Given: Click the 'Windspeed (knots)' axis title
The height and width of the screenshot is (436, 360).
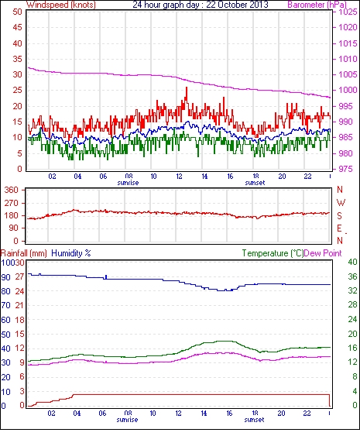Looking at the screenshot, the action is (x=61, y=5).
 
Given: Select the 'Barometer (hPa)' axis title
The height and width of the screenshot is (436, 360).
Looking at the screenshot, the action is (x=317, y=5).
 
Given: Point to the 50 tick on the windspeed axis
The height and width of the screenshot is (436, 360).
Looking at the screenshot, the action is (x=18, y=12).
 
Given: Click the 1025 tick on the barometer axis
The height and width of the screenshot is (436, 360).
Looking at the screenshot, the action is (x=348, y=12).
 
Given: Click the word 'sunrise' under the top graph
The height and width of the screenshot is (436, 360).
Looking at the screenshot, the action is (x=128, y=183).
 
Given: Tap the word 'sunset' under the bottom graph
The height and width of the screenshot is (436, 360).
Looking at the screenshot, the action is (x=254, y=420).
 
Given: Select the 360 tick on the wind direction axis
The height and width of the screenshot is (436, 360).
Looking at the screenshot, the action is (x=12, y=191).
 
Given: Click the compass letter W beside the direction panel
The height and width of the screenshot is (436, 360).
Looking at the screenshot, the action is (x=341, y=203).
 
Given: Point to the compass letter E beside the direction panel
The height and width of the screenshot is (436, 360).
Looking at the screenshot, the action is (x=339, y=228).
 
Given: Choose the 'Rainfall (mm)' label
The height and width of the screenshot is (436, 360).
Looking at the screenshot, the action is (x=24, y=253).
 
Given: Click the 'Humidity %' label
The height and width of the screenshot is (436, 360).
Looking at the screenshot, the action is (x=71, y=253).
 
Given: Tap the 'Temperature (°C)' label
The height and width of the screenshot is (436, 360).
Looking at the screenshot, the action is (x=273, y=253).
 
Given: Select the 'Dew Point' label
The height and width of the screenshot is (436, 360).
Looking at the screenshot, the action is (x=323, y=253).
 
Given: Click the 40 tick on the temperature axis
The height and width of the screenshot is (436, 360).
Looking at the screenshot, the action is (x=352, y=262).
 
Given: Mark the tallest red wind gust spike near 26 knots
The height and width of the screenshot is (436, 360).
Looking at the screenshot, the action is (x=187, y=88).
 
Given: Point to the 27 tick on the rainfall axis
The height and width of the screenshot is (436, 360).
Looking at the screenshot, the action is (x=19, y=277).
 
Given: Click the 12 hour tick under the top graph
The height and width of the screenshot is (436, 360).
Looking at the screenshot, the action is (x=179, y=177).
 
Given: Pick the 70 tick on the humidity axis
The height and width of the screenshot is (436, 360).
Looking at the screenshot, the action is (x=6, y=306).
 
